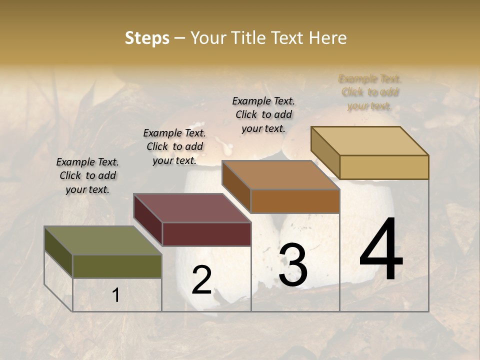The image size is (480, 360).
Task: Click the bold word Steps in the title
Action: coord(147,38)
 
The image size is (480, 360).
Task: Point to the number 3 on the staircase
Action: coord(293,265)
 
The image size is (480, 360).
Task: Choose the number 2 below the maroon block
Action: coord(201,280)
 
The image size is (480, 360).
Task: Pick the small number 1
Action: coord(115,295)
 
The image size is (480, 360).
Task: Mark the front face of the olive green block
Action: coord(117,266)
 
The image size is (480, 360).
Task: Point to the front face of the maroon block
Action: coord(206,234)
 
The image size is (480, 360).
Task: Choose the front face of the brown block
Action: coord(295,201)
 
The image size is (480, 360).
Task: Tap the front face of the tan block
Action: coord(384,167)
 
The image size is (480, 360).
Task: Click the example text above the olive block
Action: coord(87,175)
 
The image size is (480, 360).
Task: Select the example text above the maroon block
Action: coord(174,146)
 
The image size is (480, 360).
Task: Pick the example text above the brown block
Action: coord(263,114)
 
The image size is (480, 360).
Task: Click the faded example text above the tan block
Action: coord(369,92)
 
